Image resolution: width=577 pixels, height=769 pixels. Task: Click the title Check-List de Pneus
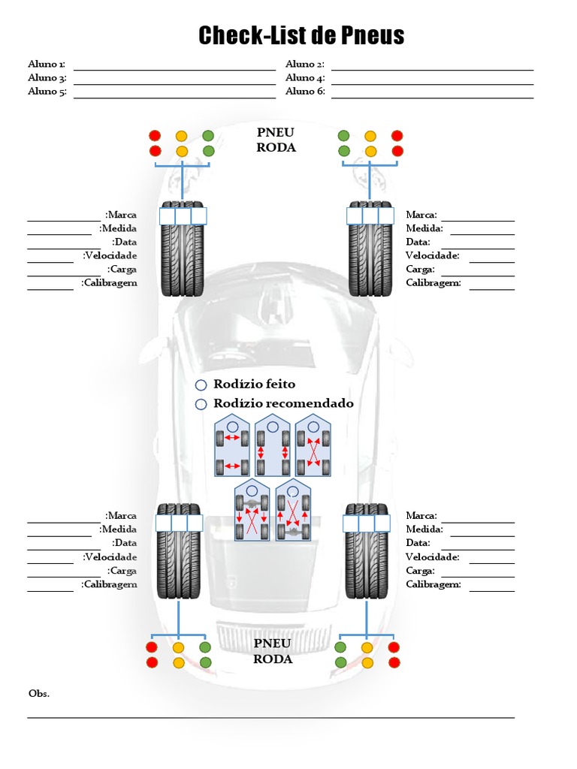301,35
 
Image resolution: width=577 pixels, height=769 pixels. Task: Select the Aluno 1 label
47,65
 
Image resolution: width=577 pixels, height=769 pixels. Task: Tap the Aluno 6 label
305,92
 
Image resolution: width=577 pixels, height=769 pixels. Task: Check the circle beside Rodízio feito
201,385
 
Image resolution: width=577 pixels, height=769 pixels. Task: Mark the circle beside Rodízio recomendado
201,405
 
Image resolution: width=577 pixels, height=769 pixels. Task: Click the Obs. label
39,693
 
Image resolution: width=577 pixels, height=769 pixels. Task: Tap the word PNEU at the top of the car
276,133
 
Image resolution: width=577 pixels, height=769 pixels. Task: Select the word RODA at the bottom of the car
273,659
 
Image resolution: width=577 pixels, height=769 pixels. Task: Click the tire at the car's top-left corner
182,249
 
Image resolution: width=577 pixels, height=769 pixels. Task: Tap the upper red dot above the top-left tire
155,136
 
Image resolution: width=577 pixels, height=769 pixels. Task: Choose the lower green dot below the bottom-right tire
340,662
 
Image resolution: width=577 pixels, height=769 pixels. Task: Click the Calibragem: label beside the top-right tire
434,283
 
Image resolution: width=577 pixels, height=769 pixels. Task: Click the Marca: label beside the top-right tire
421,215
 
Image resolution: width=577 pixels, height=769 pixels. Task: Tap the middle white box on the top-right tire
370,216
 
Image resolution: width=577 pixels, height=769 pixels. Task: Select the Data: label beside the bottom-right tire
418,543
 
